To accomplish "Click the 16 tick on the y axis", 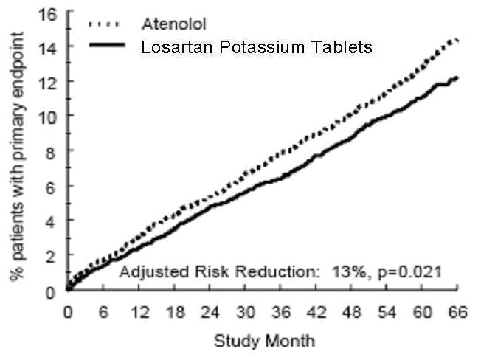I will [48, 13].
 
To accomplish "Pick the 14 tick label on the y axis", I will [48, 46].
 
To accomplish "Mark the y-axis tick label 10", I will [48, 116].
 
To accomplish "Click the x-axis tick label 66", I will [460, 313].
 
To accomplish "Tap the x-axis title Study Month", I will [264, 342].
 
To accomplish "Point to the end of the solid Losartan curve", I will [459, 77].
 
